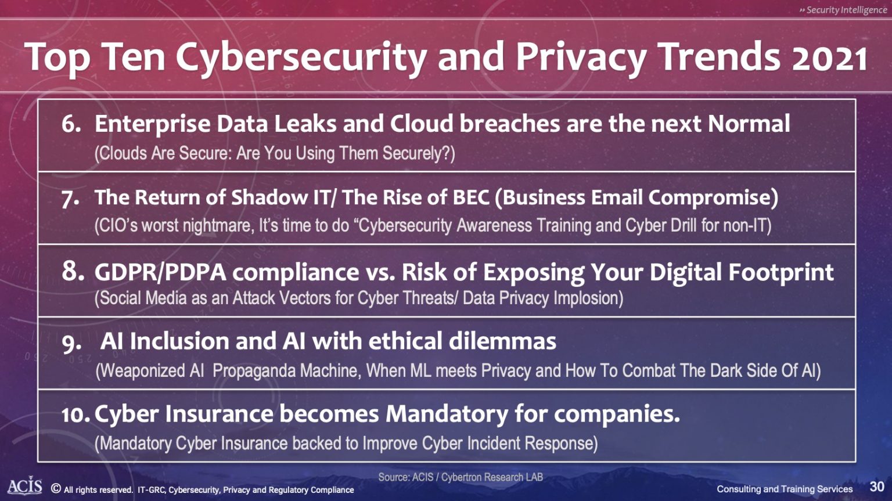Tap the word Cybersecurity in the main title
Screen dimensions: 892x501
click(302, 57)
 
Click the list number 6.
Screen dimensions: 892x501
click(71, 124)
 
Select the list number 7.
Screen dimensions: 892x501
click(70, 199)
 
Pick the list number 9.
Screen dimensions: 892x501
click(71, 344)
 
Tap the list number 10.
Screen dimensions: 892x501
click(76, 415)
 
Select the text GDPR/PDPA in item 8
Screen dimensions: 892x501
click(160, 273)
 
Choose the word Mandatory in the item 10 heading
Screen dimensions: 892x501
click(446, 415)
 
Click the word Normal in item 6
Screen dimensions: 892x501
click(749, 124)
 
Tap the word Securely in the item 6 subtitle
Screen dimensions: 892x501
click(419, 154)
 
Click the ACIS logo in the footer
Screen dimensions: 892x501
click(25, 486)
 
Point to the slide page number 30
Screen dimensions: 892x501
click(877, 486)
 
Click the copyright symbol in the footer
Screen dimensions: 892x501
click(56, 489)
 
